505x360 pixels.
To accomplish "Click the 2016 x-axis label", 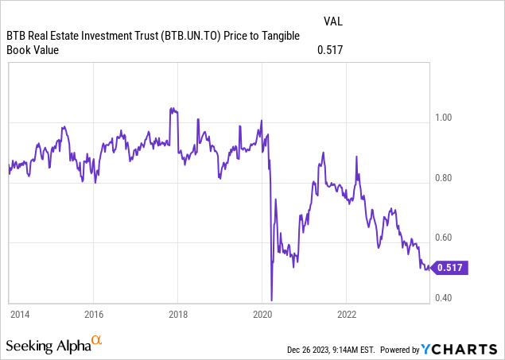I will [94, 312].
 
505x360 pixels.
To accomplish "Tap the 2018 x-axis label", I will [178, 312].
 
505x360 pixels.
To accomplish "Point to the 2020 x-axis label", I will [262, 312].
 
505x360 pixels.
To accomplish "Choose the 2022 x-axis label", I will [347, 312].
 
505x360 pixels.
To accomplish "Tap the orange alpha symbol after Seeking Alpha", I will [97, 341].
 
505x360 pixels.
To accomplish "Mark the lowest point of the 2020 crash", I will [272, 300].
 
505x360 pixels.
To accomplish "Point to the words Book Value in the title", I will [36, 50].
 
